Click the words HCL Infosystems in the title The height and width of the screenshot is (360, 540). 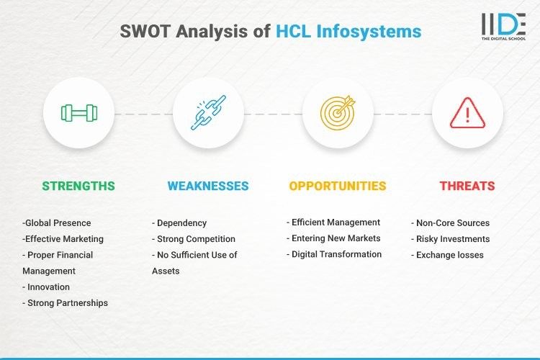(x=348, y=32)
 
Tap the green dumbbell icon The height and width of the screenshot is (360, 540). (x=78, y=113)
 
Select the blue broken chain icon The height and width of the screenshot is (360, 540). (x=208, y=113)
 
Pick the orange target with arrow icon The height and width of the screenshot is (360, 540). (x=338, y=113)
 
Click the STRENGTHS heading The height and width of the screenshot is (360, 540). (x=78, y=186)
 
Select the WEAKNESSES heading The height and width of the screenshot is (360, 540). (x=208, y=186)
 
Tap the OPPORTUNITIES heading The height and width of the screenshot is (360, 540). (x=338, y=186)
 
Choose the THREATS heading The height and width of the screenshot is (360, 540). (x=467, y=186)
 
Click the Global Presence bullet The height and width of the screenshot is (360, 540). (x=57, y=223)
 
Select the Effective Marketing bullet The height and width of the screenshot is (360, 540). (x=63, y=239)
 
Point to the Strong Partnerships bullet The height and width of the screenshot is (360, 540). (x=66, y=303)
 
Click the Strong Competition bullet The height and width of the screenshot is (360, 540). (x=194, y=239)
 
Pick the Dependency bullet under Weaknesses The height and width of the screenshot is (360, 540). (x=180, y=223)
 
